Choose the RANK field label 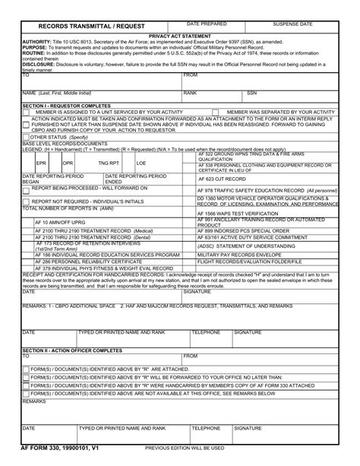pyautogui.click(x=191, y=93)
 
